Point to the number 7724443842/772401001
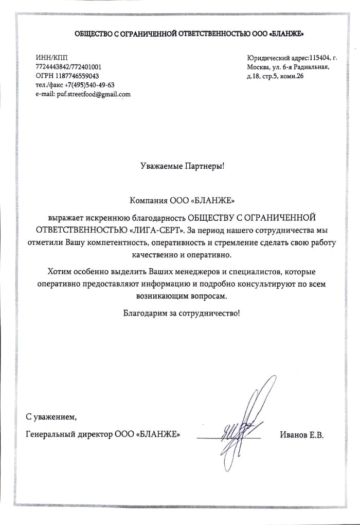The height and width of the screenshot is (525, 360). coord(68,66)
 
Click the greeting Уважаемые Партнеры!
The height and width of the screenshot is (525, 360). coord(183,166)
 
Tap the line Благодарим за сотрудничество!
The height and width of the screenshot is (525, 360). coord(181,312)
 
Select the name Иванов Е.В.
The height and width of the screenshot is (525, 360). coord(301,435)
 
